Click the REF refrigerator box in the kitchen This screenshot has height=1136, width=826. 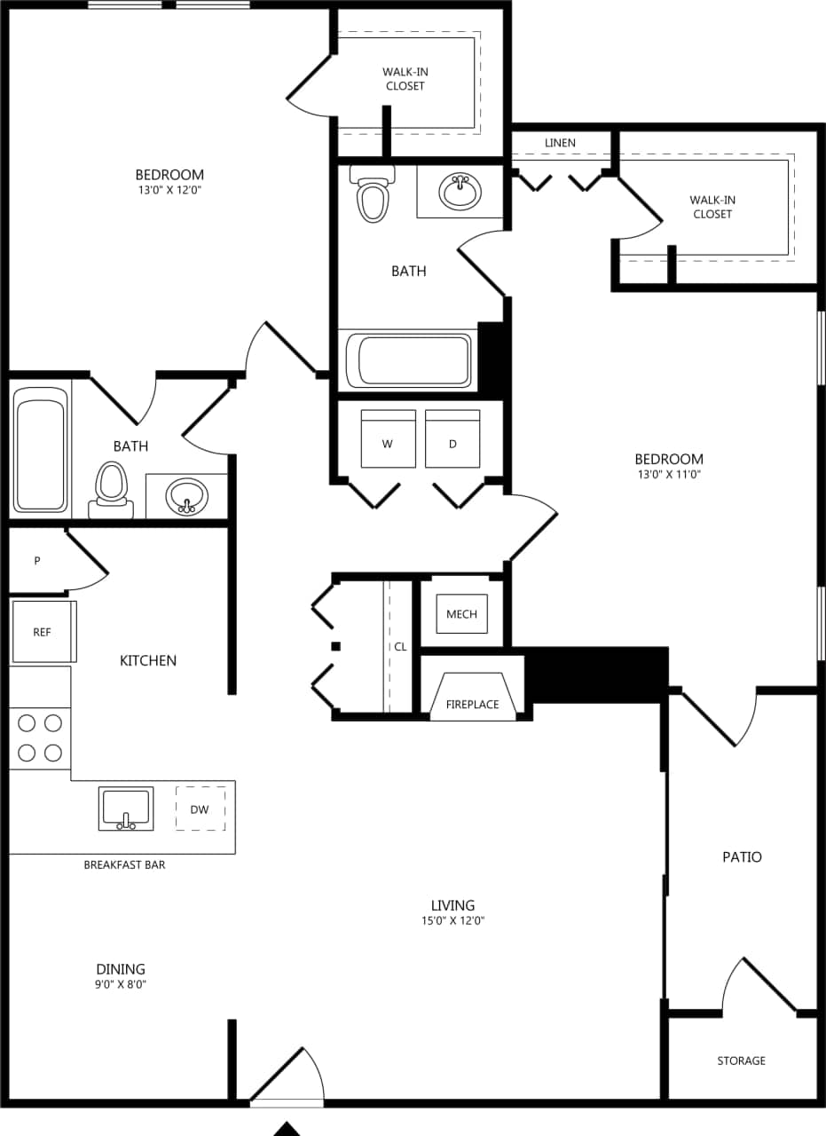43,632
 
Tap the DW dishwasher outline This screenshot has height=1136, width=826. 200,809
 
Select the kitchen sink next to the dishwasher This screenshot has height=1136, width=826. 125,809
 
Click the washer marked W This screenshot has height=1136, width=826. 388,439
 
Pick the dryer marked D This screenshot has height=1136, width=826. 452,439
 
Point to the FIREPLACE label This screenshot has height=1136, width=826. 472,705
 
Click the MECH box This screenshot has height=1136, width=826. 461,614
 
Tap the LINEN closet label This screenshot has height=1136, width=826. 560,143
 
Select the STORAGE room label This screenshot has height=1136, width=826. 741,1061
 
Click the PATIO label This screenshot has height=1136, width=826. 742,857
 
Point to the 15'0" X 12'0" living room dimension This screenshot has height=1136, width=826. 452,921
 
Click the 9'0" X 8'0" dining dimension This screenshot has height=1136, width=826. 121,984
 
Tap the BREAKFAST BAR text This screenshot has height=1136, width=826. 124,864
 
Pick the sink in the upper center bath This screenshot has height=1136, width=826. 460,190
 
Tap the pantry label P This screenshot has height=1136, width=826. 37,561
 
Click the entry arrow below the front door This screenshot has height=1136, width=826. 286,1129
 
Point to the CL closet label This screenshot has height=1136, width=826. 400,647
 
